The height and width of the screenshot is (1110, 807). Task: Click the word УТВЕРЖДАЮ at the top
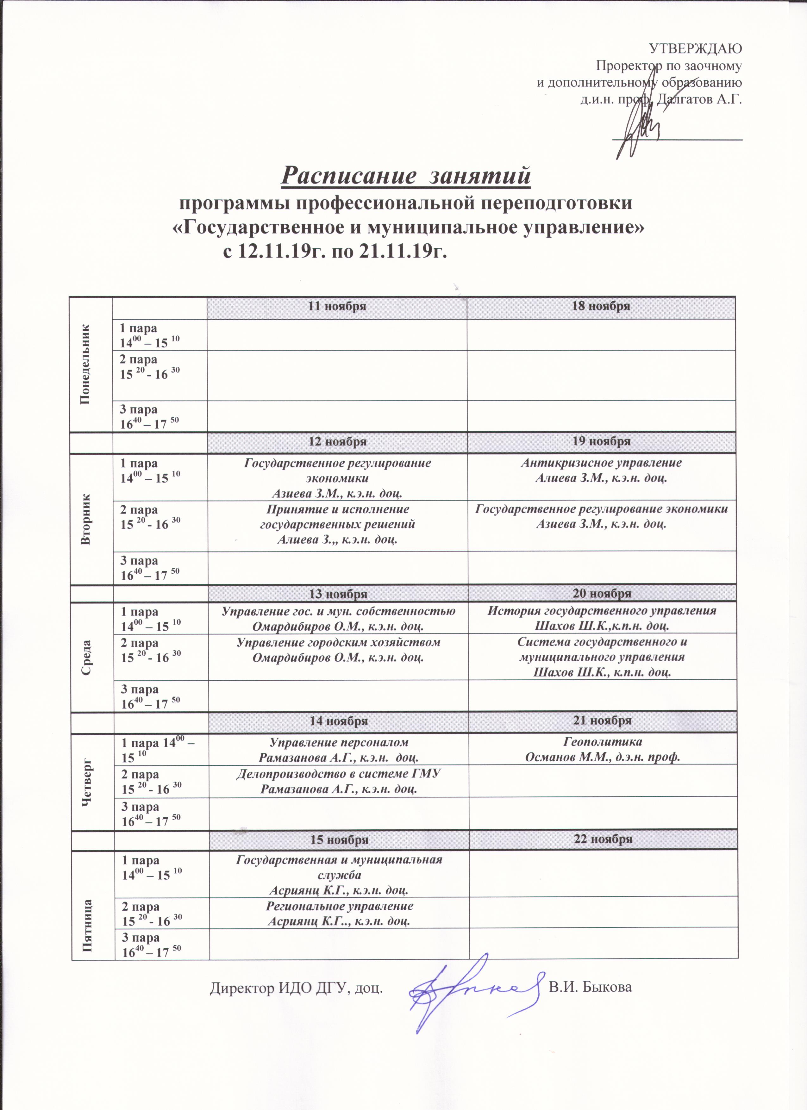pyautogui.click(x=695, y=48)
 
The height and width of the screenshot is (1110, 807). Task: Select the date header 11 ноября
pyautogui.click(x=337, y=307)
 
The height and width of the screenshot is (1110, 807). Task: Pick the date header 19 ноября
pyautogui.click(x=602, y=441)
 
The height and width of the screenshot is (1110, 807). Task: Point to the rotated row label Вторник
pyautogui.click(x=87, y=519)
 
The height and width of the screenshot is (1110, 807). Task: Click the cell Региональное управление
pyautogui.click(x=339, y=913)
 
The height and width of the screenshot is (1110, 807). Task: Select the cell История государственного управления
pyautogui.click(x=602, y=618)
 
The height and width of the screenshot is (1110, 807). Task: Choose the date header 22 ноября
pyautogui.click(x=603, y=839)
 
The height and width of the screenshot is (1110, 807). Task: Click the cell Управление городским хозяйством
pyautogui.click(x=338, y=650)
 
